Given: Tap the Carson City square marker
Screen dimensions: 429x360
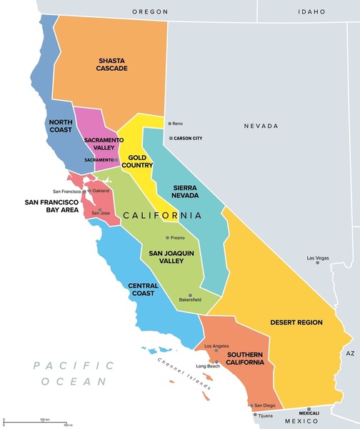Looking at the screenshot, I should coord(170,138).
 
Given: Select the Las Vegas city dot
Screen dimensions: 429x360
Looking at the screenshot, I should coord(318,262).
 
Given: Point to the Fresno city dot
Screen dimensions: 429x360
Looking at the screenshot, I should coord(168,237).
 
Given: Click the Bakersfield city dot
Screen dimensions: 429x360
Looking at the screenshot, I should coord(190,295).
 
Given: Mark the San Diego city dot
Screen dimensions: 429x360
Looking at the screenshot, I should coord(251,405).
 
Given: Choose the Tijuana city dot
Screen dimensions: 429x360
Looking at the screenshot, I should coord(254,414).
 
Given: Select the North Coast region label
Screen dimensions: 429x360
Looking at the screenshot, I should coord(61,126).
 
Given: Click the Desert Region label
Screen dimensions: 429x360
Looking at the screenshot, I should coord(296,322).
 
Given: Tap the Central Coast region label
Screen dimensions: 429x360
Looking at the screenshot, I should coord(143,290).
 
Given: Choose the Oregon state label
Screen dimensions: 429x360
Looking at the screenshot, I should coord(151,11).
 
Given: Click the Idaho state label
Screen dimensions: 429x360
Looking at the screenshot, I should coord(311,11).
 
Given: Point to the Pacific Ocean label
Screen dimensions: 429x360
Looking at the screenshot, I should coord(74,373).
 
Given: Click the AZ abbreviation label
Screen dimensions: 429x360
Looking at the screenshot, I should coord(350,353).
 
